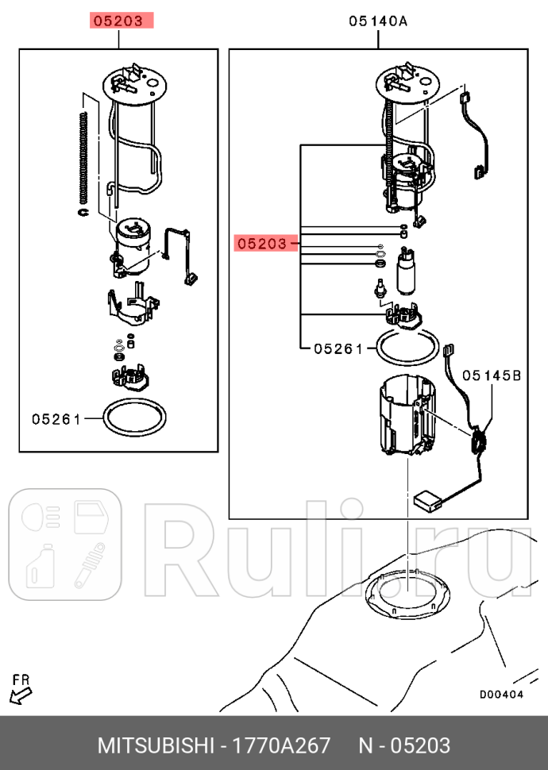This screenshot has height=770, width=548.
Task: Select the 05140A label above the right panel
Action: [x=377, y=21]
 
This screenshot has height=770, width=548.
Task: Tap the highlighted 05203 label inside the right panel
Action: [x=261, y=244]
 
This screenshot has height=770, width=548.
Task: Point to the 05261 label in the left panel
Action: [x=56, y=418]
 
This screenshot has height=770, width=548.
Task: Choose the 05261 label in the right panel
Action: [x=338, y=348]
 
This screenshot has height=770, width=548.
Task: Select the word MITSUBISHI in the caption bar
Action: [x=155, y=746]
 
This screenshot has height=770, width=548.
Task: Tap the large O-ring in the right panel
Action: [x=406, y=345]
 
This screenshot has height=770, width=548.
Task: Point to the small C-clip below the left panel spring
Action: [x=83, y=212]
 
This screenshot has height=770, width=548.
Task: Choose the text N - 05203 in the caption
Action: [x=404, y=746]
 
